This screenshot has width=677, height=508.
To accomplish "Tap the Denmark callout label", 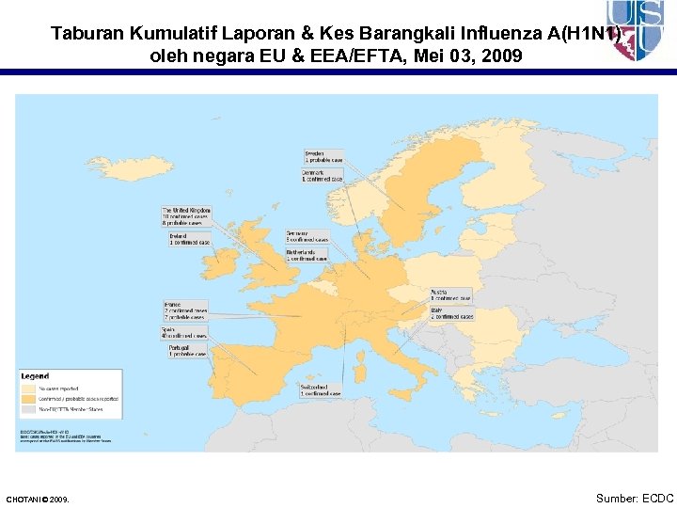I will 323,176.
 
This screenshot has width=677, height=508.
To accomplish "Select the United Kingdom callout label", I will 187,216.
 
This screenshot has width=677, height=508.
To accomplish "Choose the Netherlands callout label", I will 307,256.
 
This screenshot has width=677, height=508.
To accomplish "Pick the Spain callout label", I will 184,332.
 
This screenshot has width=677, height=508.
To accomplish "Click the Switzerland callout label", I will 321,390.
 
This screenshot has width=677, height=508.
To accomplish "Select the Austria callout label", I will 450,295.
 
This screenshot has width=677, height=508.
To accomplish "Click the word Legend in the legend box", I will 36,376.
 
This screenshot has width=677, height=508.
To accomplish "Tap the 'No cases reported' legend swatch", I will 28,387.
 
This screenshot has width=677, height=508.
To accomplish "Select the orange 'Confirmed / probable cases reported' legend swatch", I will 28,399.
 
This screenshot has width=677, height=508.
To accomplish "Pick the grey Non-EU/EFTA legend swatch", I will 28,410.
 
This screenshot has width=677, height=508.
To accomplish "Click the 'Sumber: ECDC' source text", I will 635,498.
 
